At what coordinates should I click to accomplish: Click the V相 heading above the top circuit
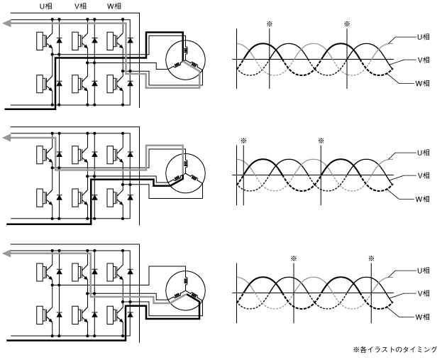tap(80, 6)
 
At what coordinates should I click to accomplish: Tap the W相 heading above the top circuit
tap(114, 6)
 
